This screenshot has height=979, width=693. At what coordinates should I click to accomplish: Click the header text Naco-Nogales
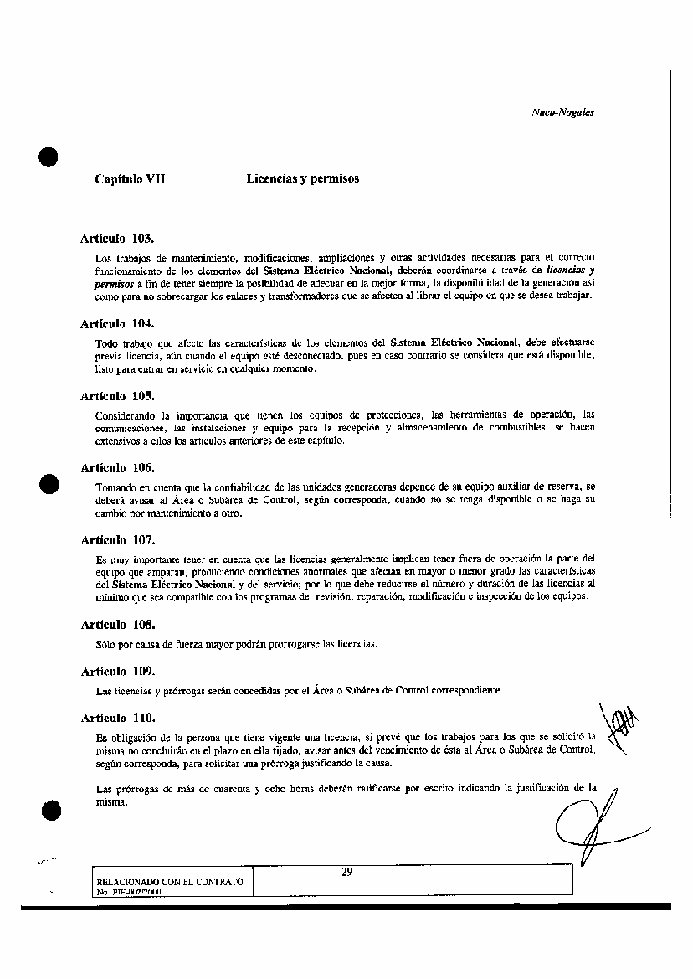pyautogui.click(x=562, y=111)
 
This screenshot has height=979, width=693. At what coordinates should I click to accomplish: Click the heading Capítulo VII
pyautogui.click(x=130, y=179)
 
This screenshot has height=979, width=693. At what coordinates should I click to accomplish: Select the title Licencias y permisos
pyautogui.click(x=303, y=179)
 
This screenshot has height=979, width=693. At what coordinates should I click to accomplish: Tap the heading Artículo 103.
pyautogui.click(x=117, y=239)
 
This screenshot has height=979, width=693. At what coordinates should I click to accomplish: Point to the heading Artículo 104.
pyautogui.click(x=117, y=323)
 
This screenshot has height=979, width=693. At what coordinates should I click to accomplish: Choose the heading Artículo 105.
pyautogui.click(x=117, y=395)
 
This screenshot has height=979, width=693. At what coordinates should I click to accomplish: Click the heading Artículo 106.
pyautogui.click(x=117, y=467)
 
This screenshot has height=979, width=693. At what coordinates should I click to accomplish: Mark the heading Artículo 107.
pyautogui.click(x=117, y=540)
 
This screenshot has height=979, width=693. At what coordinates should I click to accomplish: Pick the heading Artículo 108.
pyautogui.click(x=117, y=625)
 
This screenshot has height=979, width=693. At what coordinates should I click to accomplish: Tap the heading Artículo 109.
pyautogui.click(x=117, y=672)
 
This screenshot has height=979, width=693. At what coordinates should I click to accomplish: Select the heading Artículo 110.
pyautogui.click(x=117, y=719)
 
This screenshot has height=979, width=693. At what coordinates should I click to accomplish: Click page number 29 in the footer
pyautogui.click(x=346, y=873)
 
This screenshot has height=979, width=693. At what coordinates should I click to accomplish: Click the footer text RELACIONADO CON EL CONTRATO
pyautogui.click(x=170, y=882)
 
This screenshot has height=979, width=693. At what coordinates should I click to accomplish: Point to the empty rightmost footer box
pyautogui.click(x=492, y=880)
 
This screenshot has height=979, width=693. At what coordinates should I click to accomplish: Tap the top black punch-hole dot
pyautogui.click(x=49, y=157)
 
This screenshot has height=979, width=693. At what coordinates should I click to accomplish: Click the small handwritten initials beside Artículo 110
pyautogui.click(x=617, y=722)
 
